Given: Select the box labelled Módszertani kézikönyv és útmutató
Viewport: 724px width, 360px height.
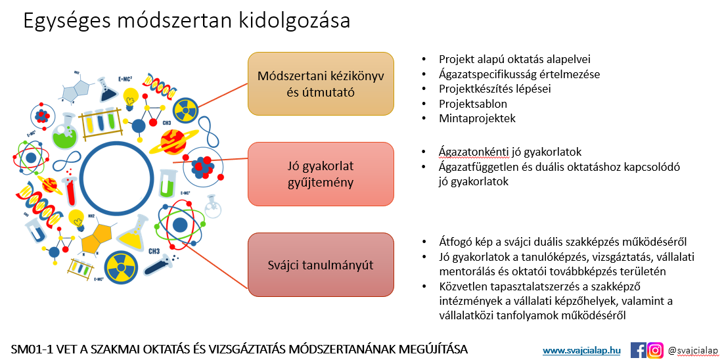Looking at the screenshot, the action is click(x=321, y=83).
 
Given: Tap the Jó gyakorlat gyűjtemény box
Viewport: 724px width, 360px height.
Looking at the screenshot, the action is click(x=321, y=174).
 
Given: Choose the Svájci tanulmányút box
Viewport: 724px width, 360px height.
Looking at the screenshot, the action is click(x=321, y=265).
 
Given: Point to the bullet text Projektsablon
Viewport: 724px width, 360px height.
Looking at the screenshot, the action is click(x=473, y=103).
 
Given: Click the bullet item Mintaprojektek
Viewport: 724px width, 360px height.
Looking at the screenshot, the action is click(x=477, y=118).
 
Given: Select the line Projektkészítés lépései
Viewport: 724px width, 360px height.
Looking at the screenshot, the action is click(x=495, y=89).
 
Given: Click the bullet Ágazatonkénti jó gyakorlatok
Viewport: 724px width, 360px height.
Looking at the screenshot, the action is click(x=510, y=151).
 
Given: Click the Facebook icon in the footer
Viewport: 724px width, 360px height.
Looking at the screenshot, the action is click(x=638, y=350).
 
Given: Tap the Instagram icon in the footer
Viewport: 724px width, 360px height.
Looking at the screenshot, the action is click(x=655, y=350).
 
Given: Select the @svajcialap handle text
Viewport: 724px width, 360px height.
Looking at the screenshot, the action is click(x=694, y=350).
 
